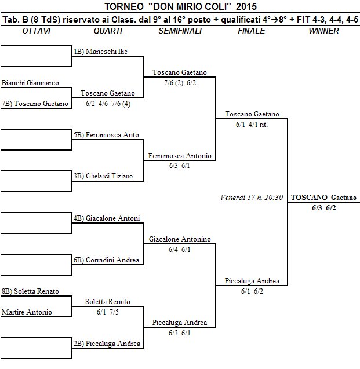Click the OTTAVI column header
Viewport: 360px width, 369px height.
pyautogui.click(x=37, y=31)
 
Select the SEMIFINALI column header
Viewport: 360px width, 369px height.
pyautogui.click(x=180, y=31)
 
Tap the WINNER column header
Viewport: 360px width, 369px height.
pyautogui.click(x=323, y=31)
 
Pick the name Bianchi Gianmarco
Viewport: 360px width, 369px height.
pyautogui.click(x=30, y=83)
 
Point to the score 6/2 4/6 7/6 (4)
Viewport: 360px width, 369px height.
pyautogui.click(x=108, y=104)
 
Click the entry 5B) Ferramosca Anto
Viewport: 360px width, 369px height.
pyautogui.click(x=108, y=135)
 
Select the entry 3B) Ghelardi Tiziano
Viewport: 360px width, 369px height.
pyautogui.click(x=108, y=176)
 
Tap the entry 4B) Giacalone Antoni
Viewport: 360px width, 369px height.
pyautogui.click(x=108, y=218)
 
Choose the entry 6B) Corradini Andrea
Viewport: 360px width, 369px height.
pyautogui.click(x=108, y=260)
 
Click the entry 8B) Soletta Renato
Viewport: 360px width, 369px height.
pyautogui.click(x=30, y=291)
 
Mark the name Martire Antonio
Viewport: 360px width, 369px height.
pyautogui.click(x=27, y=312)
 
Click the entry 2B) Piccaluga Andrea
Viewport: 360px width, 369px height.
pyautogui.click(x=108, y=344)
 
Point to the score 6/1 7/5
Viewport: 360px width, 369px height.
pyautogui.click(x=108, y=312)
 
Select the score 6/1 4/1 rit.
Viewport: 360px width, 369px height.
pyautogui.click(x=252, y=124)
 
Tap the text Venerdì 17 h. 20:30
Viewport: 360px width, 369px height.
pyautogui.click(x=252, y=197)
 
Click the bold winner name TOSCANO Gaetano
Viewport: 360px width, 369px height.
pyautogui.click(x=323, y=197)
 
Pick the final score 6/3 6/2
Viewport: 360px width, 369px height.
pyautogui.click(x=323, y=207)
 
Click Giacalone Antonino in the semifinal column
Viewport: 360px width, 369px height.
pyautogui.click(x=180, y=239)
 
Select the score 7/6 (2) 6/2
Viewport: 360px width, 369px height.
pyautogui.click(x=180, y=83)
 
